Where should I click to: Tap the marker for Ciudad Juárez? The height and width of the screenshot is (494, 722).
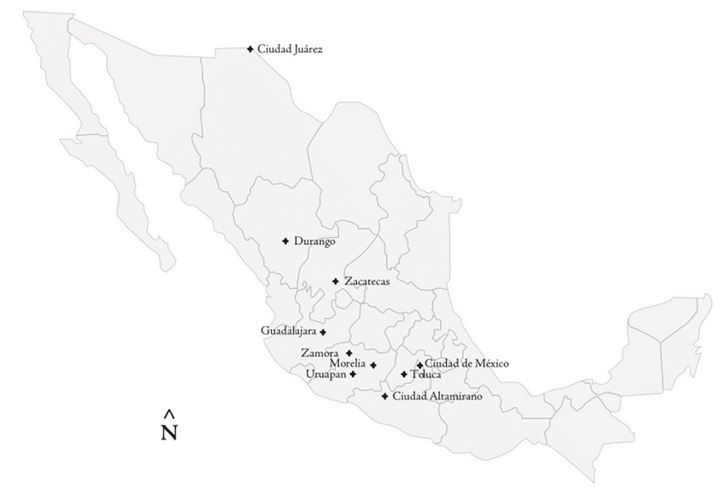point(250,49)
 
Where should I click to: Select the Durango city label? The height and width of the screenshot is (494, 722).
point(314,241)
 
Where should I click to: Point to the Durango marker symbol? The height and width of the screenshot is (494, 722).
point(285,241)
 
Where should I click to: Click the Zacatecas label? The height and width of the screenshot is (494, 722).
point(367,281)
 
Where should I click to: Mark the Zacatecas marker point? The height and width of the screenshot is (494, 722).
point(336,281)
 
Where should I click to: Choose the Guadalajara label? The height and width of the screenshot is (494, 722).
point(288,331)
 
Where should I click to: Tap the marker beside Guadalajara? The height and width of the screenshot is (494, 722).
point(323,332)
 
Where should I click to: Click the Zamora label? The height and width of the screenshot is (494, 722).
point(320,353)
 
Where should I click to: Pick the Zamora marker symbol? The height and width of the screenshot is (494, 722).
point(349,353)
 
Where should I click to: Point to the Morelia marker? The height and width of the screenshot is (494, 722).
point(373,366)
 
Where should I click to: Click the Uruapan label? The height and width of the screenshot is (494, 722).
point(325,373)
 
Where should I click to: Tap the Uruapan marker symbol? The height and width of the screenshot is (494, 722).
point(353,374)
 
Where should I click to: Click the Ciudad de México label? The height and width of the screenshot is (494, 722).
point(467,364)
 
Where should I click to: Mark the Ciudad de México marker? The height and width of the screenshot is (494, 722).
point(420,365)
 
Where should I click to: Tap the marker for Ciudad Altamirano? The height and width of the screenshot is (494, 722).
point(385,396)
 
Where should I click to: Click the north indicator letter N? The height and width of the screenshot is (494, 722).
point(169,433)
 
